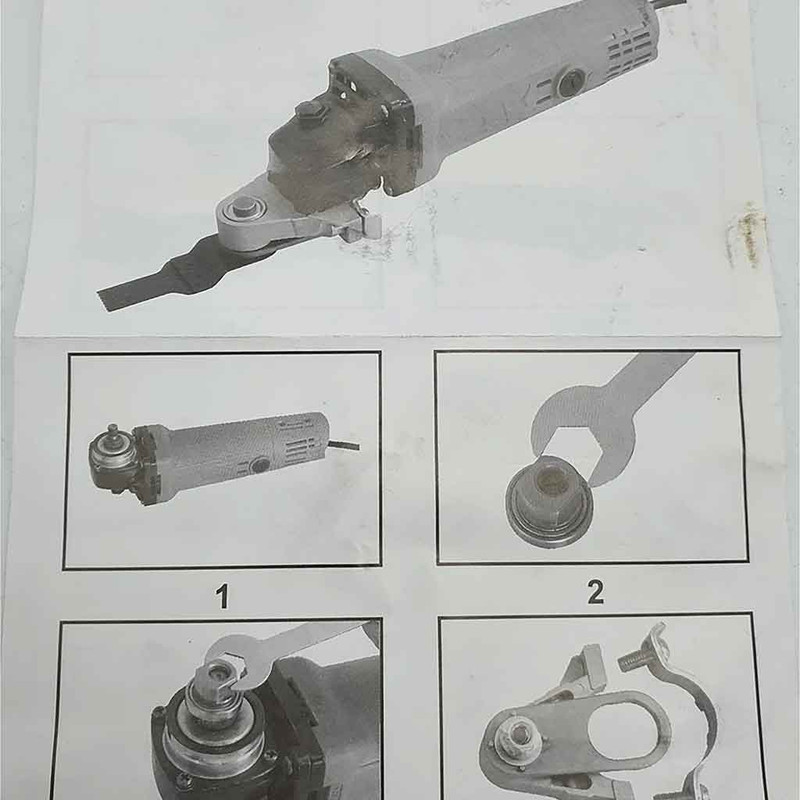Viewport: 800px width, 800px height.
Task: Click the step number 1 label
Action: click(x=222, y=596)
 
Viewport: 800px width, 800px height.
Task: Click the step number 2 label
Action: click(x=595, y=592)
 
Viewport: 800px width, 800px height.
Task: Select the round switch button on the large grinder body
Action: click(x=570, y=82)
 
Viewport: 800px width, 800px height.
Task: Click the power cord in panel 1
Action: click(x=343, y=445)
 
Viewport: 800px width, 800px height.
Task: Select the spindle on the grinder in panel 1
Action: click(x=113, y=434)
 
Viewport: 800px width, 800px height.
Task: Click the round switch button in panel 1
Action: click(x=260, y=465)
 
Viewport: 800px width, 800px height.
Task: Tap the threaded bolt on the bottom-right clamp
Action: click(x=637, y=658)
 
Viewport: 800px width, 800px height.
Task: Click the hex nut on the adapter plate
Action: click(x=518, y=736)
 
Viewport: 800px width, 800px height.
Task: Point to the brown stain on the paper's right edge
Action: click(x=746, y=235)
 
